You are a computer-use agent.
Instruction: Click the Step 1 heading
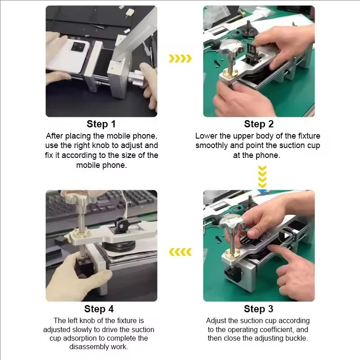(x=101, y=124)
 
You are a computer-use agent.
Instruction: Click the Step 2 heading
(x=259, y=124)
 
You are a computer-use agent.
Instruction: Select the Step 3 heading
(x=259, y=309)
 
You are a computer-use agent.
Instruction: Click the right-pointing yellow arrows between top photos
(x=180, y=58)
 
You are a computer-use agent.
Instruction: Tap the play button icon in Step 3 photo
(x=285, y=235)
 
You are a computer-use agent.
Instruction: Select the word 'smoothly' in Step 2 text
(x=213, y=145)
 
